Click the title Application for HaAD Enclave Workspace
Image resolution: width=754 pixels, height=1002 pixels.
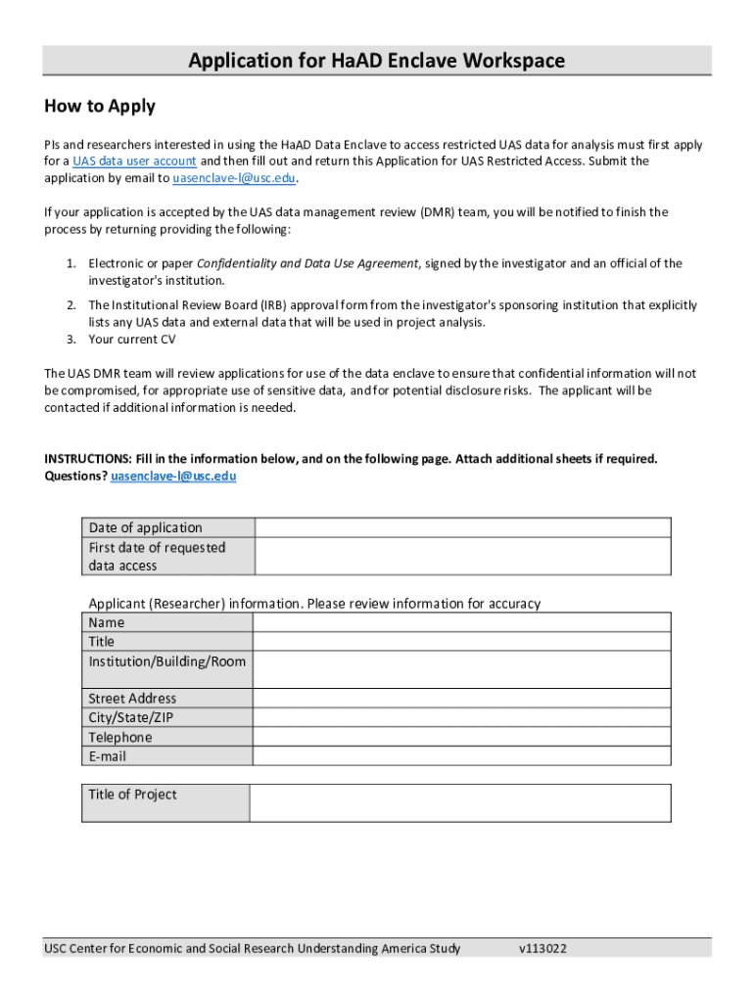click(x=377, y=61)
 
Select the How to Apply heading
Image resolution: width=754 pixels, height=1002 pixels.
click(x=100, y=107)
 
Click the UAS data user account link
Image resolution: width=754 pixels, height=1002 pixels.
click(x=134, y=161)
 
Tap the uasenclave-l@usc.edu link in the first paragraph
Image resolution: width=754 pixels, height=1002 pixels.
click(x=234, y=179)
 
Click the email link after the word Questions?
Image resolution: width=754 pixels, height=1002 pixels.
click(x=173, y=477)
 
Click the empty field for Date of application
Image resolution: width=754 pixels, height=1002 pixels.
click(x=462, y=527)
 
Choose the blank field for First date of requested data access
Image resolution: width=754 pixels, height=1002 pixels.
click(x=462, y=556)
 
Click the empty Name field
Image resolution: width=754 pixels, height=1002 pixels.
click(x=462, y=622)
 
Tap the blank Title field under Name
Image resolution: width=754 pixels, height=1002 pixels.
click(x=462, y=642)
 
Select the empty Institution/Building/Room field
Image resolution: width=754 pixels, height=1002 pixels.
click(x=462, y=670)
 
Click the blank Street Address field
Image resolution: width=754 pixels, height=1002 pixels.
click(x=462, y=699)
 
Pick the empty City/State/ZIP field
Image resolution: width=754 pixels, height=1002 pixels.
click(x=462, y=717)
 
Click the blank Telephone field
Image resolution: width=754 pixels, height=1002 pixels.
click(x=462, y=737)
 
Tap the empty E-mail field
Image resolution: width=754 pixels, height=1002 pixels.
click(x=462, y=756)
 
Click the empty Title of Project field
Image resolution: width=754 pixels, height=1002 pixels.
click(x=460, y=802)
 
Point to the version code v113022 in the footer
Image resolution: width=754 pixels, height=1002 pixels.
click(x=543, y=948)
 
